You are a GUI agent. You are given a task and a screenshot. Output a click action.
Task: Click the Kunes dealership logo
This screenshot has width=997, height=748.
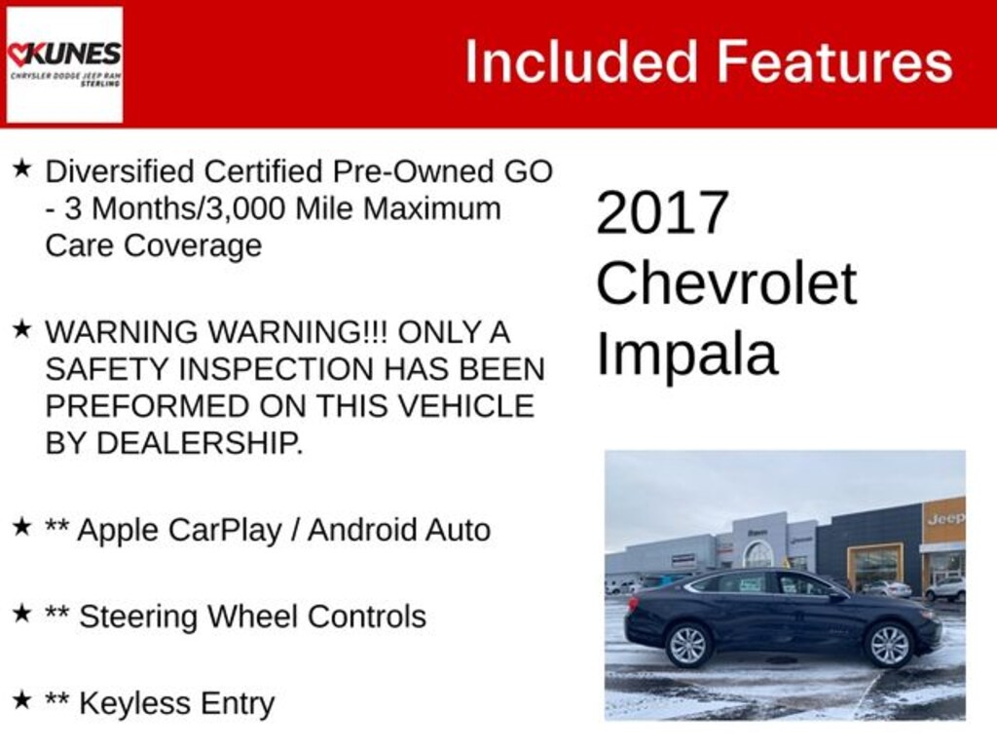coord(64,64)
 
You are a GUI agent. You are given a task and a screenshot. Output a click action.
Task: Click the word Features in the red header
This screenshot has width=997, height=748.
coord(835,61)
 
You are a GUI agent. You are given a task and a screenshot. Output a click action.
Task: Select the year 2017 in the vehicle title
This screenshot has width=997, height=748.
coord(662,212)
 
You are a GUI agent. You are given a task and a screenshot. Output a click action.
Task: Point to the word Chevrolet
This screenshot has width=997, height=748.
coord(726,283)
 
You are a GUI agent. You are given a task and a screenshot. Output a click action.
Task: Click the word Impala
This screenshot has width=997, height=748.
coord(687,355)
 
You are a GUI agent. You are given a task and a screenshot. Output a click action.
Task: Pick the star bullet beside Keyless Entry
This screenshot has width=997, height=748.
coord(21,699)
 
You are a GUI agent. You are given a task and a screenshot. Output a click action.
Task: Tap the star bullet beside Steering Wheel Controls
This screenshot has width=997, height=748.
coord(21,614)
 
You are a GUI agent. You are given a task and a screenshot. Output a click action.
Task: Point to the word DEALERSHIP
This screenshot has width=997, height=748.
coord(200,443)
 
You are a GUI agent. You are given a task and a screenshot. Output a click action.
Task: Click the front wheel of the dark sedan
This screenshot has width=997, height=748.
coord(888,646)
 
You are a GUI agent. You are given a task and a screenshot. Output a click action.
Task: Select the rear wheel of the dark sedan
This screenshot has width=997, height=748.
coord(688,646)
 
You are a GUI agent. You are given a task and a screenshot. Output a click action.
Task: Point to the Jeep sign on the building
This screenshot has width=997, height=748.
coord(944,519)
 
